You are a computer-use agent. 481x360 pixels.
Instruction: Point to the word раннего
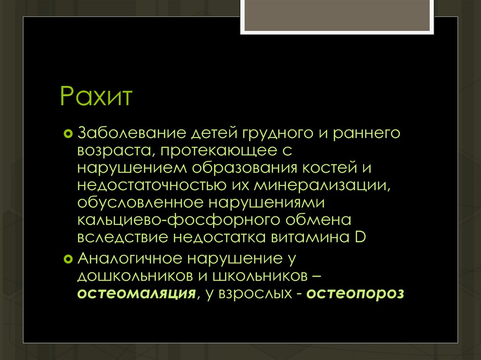coord(366,133)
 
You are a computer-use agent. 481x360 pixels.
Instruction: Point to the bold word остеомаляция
coord(136,294)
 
